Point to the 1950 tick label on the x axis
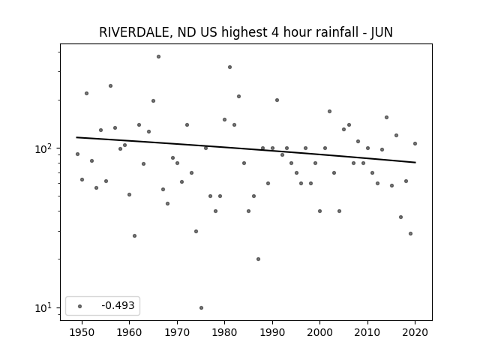tap(82, 332)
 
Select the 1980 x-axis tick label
tap(225, 332)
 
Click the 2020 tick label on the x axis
tap(415, 332)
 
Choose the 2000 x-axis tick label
tap(320, 332)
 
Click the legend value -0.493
tap(118, 305)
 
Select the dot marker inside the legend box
tap(80, 306)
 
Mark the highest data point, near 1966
tap(158, 57)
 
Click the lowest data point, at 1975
tap(201, 307)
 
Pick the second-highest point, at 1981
tap(230, 67)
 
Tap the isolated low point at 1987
tap(258, 259)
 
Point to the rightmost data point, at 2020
tap(415, 143)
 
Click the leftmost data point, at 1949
tap(77, 154)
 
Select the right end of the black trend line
tap(415, 162)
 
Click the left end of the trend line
tap(76, 137)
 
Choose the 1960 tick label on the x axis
tap(129, 332)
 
